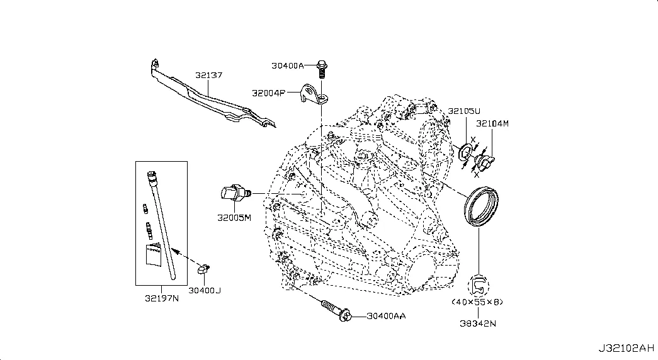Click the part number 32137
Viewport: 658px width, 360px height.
click(x=208, y=76)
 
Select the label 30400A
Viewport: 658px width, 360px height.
click(x=288, y=65)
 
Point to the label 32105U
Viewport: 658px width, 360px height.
click(x=463, y=112)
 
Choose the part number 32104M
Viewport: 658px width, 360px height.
click(x=492, y=123)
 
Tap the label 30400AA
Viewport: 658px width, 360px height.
click(x=386, y=315)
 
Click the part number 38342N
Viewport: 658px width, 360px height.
click(x=478, y=325)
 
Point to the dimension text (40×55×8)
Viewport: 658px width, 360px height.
click(x=477, y=302)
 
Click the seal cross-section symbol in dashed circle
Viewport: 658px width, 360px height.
click(x=479, y=284)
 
